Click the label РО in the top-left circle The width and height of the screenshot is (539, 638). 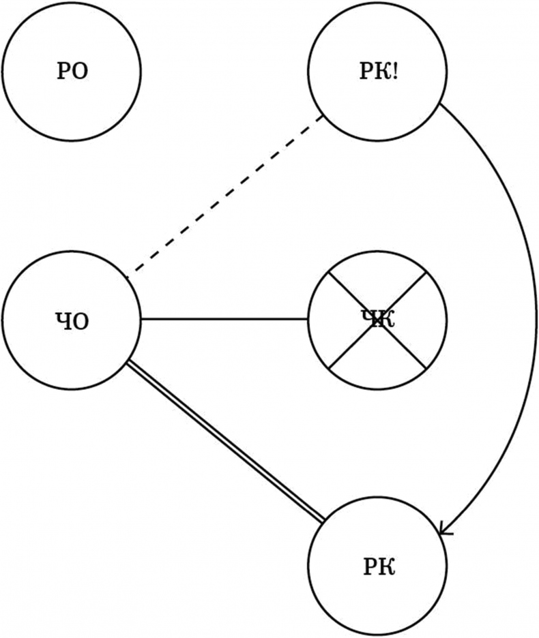[x=72, y=72]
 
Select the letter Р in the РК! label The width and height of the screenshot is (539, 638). [x=366, y=72]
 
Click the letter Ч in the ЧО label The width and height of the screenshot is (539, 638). [x=63, y=320]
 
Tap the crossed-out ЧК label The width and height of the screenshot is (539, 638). [x=377, y=319]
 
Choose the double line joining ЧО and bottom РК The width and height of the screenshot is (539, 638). [x=225, y=443]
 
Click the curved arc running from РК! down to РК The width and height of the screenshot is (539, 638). [x=525, y=307]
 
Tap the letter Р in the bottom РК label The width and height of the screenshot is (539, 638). [x=368, y=566]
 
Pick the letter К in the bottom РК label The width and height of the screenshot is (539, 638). [x=386, y=566]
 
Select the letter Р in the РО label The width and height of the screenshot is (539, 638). [x=63, y=72]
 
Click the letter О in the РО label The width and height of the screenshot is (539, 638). [x=80, y=72]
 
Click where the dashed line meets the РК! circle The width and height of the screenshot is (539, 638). [x=323, y=117]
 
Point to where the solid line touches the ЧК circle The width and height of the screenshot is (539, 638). [x=308, y=318]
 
